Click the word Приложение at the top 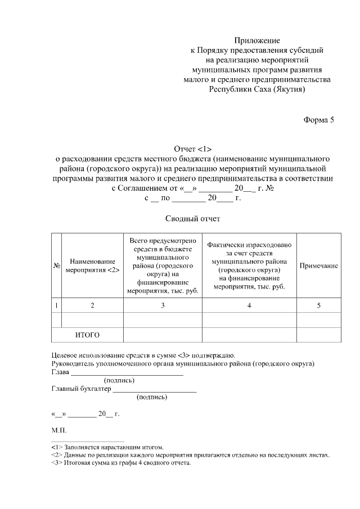click(256, 40)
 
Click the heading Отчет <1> click(192, 148)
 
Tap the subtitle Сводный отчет click(192, 218)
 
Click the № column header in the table click(56, 265)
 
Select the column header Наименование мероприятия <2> click(92, 265)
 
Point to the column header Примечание click(318, 265)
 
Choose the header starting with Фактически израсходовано click(249, 265)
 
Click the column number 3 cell click(163, 305)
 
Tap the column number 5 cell click(318, 305)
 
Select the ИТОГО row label click(87, 335)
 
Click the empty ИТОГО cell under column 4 click(249, 335)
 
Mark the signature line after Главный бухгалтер click(155, 389)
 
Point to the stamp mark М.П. click(58, 430)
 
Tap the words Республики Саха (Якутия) click(256, 89)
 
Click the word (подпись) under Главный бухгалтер click(152, 397)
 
